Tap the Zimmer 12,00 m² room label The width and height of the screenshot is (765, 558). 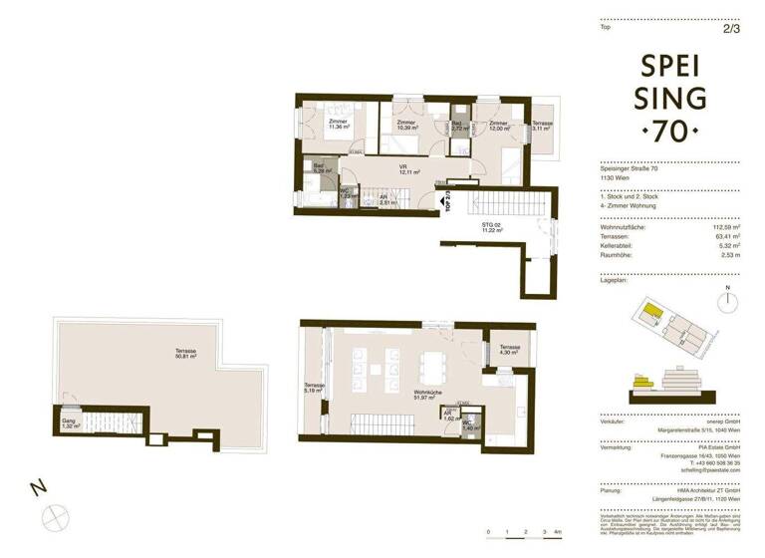pos(498,126)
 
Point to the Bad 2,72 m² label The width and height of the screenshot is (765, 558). pos(459,126)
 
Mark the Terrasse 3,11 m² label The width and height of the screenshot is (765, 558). pos(542,126)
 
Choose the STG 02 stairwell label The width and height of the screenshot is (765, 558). pos(492,227)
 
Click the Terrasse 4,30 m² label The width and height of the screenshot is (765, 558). pos(508,351)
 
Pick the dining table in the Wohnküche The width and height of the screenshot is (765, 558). pos(433,366)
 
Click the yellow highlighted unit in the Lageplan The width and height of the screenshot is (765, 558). pos(649,314)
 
